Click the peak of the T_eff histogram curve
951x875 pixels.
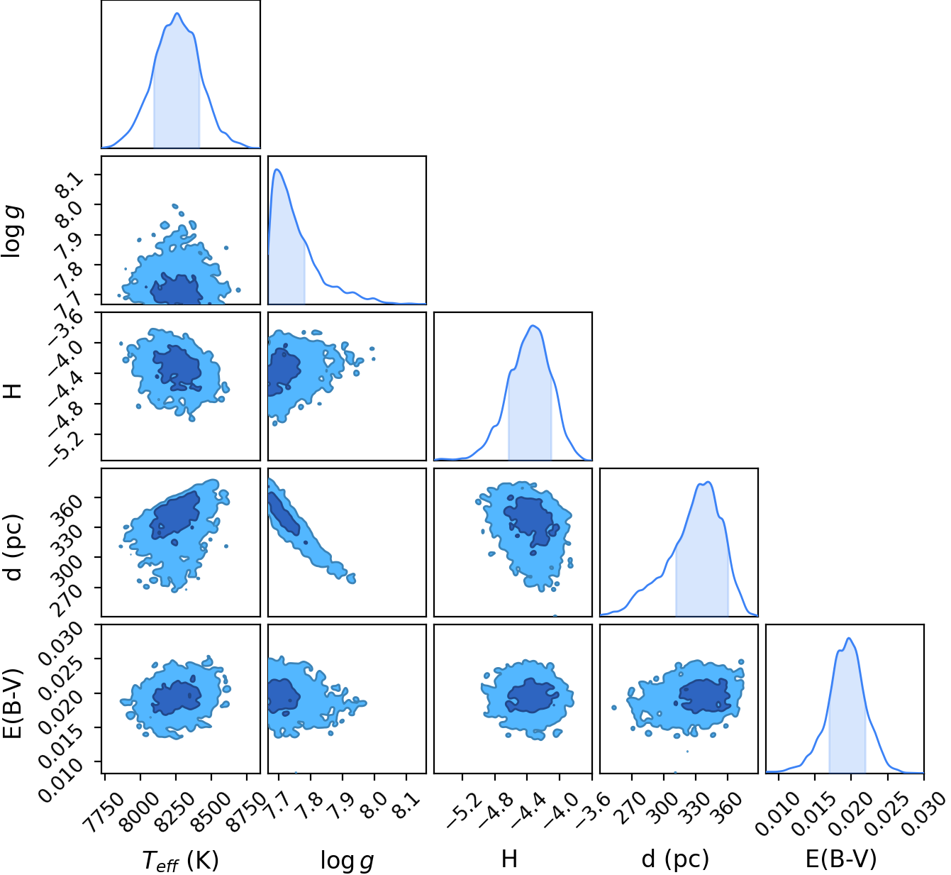tap(177, 13)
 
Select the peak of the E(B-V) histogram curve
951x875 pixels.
tap(849, 638)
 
